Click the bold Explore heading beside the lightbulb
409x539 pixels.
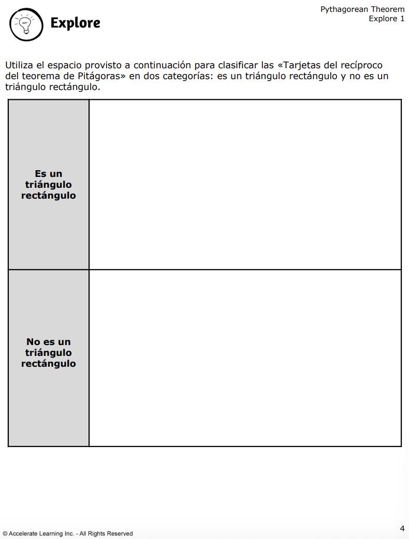[x=75, y=23]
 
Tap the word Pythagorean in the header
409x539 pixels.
[x=343, y=9]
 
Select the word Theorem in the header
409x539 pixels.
[x=388, y=9]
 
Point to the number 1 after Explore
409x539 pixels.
[x=402, y=19]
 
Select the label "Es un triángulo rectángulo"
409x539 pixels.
[x=48, y=185]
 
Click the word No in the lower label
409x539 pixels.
[x=33, y=342]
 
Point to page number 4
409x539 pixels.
[x=402, y=528]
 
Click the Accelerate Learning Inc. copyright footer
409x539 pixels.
[x=67, y=533]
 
